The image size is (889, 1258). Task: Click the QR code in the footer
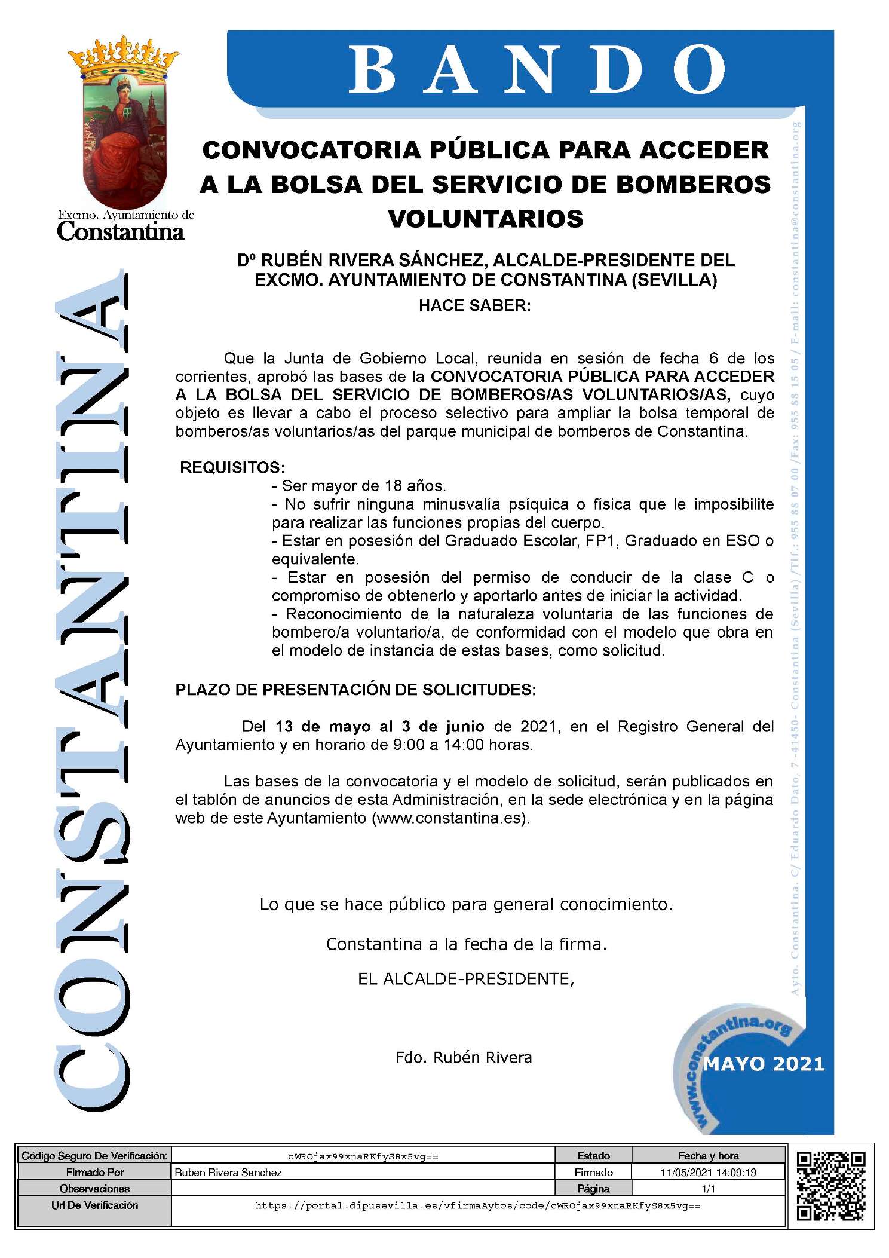point(830,1186)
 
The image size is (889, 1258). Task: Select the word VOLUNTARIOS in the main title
point(486,219)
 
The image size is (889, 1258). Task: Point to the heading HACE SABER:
point(474,305)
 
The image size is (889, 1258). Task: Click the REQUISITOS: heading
point(232,467)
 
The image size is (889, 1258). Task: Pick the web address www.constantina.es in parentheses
point(451,818)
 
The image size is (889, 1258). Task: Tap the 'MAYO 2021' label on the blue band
point(764,1064)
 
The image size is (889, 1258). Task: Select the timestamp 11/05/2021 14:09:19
point(708,1172)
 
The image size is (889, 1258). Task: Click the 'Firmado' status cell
point(593,1172)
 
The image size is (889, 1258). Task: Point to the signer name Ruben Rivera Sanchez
point(228,1173)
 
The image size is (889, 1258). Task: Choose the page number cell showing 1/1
point(708,1189)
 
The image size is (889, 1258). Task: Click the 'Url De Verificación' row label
point(94,1205)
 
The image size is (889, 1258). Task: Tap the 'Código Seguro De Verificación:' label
point(94,1156)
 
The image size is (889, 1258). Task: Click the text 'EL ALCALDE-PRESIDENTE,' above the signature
point(466,979)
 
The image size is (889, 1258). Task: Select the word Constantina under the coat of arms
point(121,232)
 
